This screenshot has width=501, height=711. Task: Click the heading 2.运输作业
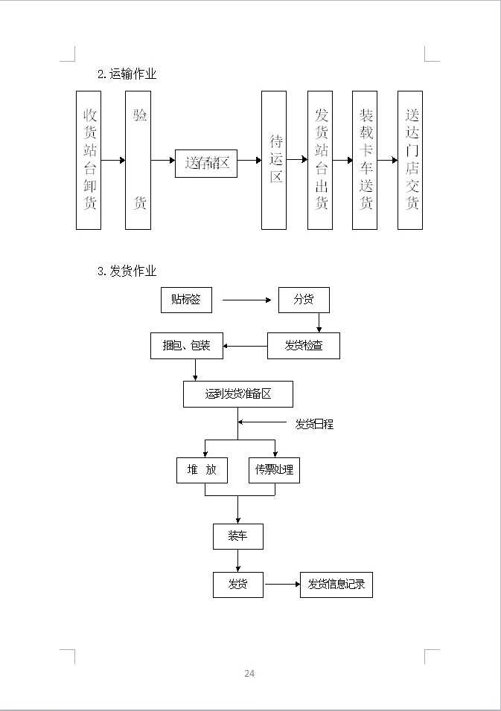coord(127,74)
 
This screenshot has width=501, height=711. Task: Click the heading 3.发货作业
coord(127,271)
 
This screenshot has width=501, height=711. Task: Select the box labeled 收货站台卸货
coord(89,160)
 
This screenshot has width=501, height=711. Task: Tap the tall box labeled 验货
coord(138,160)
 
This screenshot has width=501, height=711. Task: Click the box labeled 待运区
coord(274,160)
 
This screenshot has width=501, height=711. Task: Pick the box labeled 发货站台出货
coord(320,160)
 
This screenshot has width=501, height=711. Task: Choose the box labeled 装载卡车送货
coord(365,160)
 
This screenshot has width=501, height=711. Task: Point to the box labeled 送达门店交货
coord(410,160)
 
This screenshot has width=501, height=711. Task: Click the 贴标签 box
coord(186,300)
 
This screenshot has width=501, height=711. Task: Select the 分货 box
coord(304,300)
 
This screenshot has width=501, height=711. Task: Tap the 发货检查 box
coord(304,346)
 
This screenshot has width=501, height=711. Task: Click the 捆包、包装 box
coord(186,346)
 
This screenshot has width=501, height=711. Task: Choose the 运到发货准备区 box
coord(238,394)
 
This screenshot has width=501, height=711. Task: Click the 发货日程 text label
coord(314,425)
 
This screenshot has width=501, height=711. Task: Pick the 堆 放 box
coord(202,470)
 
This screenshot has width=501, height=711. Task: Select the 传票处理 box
coord(274,470)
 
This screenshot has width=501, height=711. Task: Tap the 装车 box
coord(238,537)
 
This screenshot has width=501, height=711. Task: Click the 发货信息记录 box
coord(336,585)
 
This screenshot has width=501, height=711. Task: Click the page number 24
coord(249,674)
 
